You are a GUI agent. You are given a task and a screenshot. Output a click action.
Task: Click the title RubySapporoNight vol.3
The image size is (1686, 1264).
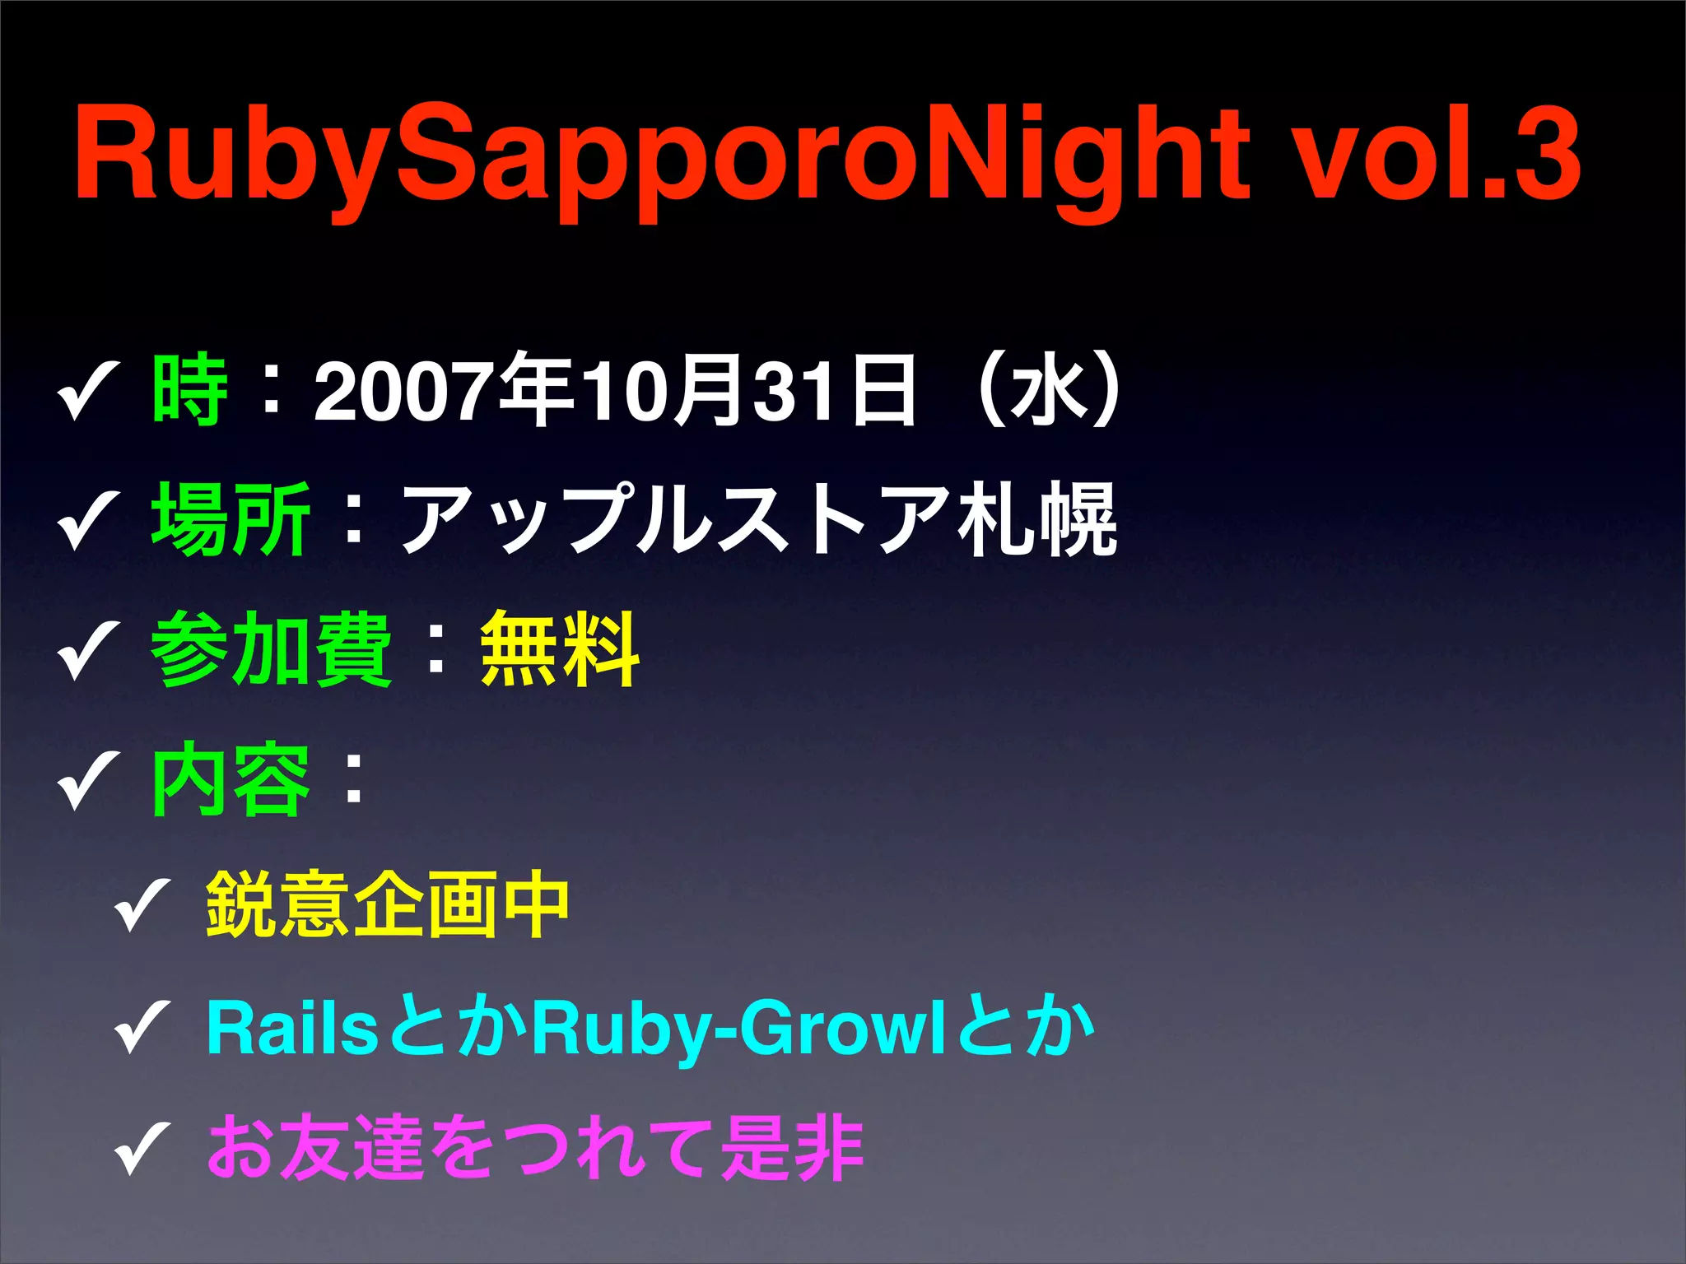pyautogui.click(x=827, y=156)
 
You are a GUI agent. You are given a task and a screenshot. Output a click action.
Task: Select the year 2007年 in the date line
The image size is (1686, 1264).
pyautogui.click(x=443, y=391)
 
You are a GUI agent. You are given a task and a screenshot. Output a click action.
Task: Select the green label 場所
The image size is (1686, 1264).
pyautogui.click(x=231, y=520)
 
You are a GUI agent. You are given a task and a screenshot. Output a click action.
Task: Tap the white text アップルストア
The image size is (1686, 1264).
pyautogui.click(x=673, y=520)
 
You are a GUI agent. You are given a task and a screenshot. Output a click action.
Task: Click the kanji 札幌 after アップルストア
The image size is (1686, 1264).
pyautogui.click(x=1036, y=520)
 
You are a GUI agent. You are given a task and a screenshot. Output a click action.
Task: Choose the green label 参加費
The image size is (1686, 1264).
pyautogui.click(x=272, y=650)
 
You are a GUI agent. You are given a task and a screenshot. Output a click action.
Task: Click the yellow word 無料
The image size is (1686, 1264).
pyautogui.click(x=560, y=650)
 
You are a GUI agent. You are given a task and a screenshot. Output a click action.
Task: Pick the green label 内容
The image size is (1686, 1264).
pyautogui.click(x=231, y=779)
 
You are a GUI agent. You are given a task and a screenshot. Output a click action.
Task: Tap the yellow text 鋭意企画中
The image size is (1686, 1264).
pyautogui.click(x=388, y=905)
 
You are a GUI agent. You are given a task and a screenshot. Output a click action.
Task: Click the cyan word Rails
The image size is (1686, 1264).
pyautogui.click(x=291, y=1028)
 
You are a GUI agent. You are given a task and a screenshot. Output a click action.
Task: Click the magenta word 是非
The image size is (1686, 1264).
pyautogui.click(x=792, y=1148)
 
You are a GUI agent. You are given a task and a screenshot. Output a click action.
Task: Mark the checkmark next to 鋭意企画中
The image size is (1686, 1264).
pyautogui.click(x=142, y=905)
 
